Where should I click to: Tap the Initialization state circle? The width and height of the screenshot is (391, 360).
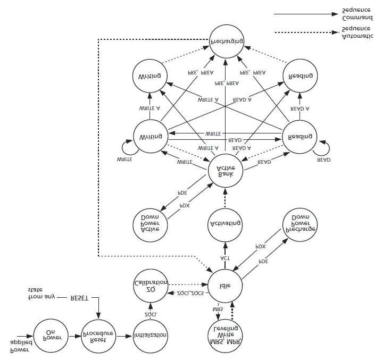point(151,336)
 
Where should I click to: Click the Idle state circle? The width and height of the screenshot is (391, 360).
point(225,286)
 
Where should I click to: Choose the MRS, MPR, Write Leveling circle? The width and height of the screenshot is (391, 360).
point(224,335)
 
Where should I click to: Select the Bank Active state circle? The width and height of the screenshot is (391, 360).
point(225,170)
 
